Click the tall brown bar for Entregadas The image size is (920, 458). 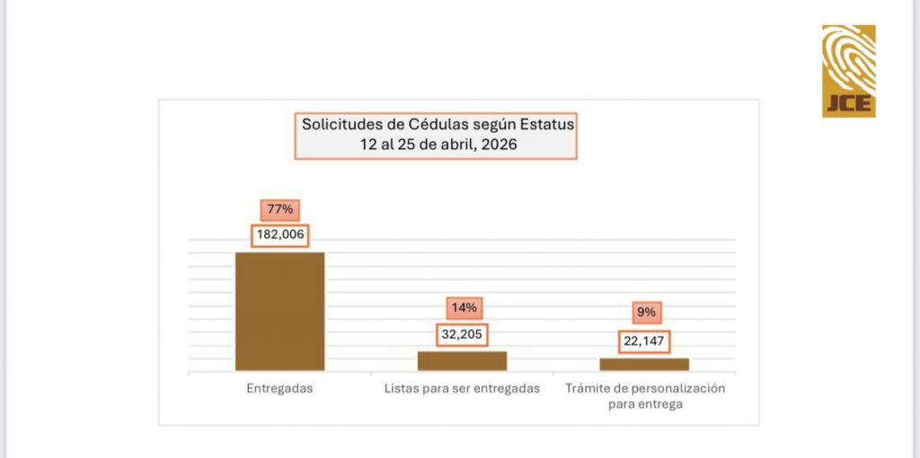(279, 311)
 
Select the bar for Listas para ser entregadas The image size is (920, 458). (462, 360)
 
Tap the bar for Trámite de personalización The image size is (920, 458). (644, 364)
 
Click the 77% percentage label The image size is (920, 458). (279, 210)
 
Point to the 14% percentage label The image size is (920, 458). (464, 308)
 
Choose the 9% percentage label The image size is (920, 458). (646, 313)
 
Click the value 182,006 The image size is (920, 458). (279, 235)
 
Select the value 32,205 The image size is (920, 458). (463, 334)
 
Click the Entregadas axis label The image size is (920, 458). (279, 389)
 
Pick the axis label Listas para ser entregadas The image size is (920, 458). (462, 389)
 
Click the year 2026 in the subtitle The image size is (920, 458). (499, 144)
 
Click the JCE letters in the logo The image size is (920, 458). (848, 103)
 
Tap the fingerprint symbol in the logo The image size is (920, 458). (849, 58)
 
